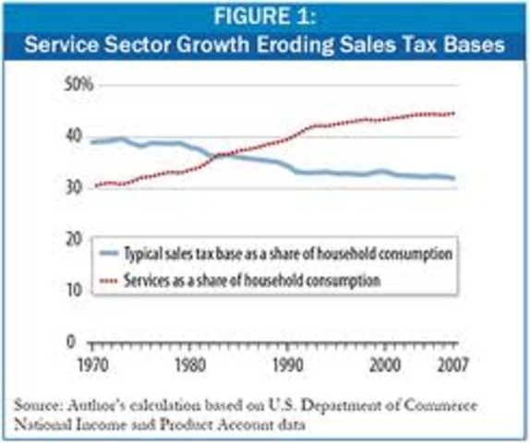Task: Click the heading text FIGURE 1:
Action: [264, 19]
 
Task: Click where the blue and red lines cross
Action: [221, 155]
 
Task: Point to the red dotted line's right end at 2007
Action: [453, 114]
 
